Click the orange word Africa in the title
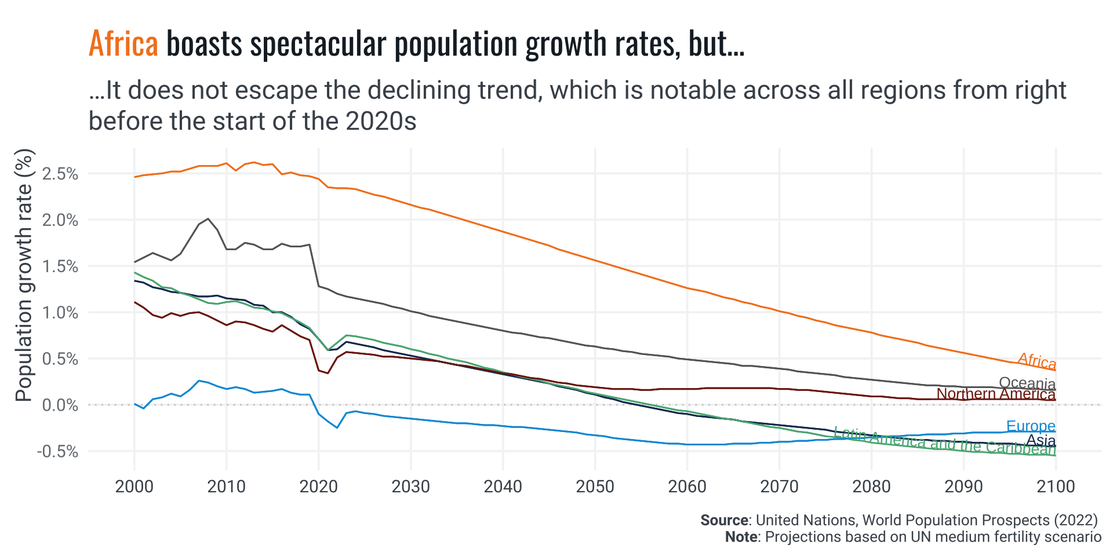pos(123,44)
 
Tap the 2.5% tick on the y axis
pos(60,174)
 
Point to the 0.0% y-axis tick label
pos(60,405)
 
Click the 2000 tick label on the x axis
pos(134,486)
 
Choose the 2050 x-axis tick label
pos(595,486)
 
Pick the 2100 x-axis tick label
pos(1056,486)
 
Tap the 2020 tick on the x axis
pos(318,486)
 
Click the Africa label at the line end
pos(1036,361)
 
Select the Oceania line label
pos(1027,383)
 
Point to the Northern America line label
pos(995,394)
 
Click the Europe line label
pos(1031,426)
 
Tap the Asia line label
pos(1041,440)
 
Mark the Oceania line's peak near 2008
pos(208,219)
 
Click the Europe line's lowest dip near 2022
pos(337,427)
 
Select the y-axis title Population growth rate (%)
pos(24,276)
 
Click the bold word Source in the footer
pos(724,520)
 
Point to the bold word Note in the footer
pos(741,537)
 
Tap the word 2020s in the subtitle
pos(381,121)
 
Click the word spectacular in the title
pos(318,44)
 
